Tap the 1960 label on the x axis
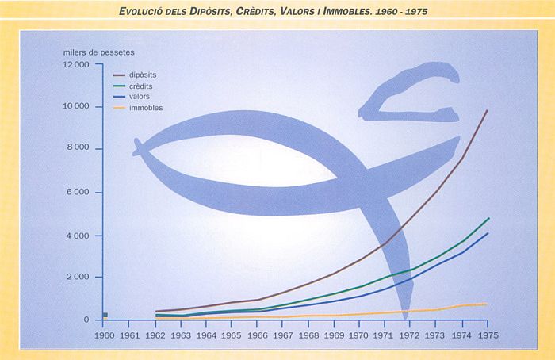[x=105, y=335]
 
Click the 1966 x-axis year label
[x=257, y=335]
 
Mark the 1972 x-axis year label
[x=410, y=335]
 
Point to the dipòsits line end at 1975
[x=487, y=111]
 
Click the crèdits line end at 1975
[x=487, y=218]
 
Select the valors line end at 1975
[x=487, y=233]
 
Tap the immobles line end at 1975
[x=487, y=304]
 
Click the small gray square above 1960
[x=105, y=315]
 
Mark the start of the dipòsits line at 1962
[x=156, y=312]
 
